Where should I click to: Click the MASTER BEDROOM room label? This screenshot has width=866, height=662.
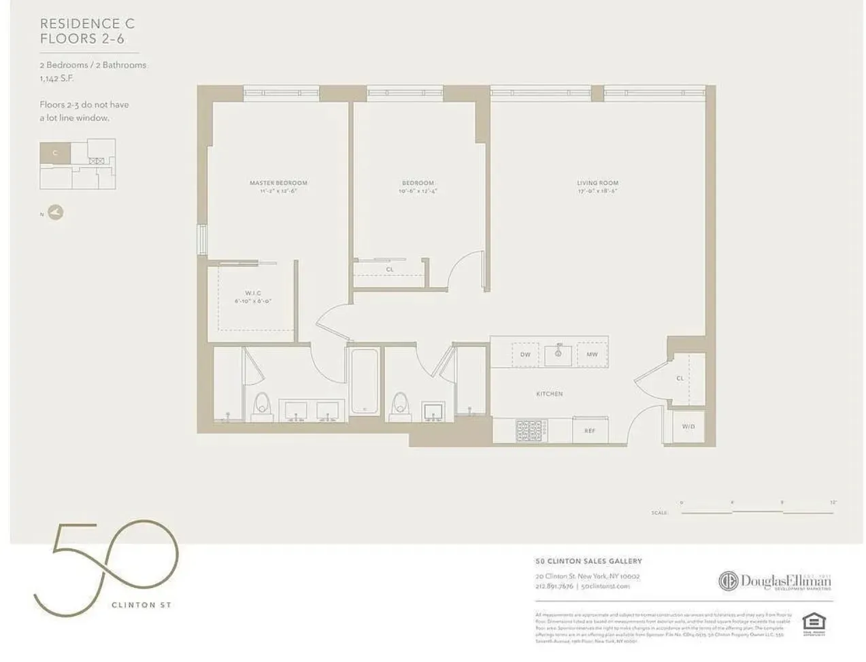(x=278, y=183)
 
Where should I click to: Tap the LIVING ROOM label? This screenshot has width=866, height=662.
(x=597, y=183)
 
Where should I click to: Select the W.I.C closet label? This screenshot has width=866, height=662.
(x=253, y=293)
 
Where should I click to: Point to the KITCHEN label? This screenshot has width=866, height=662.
(x=549, y=394)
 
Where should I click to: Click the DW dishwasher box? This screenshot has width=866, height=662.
(x=525, y=355)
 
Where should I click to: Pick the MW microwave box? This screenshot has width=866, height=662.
(x=592, y=355)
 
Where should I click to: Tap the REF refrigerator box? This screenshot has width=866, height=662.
(x=590, y=430)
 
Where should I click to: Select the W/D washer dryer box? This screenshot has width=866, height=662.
(x=688, y=427)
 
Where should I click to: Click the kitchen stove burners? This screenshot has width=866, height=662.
(x=530, y=430)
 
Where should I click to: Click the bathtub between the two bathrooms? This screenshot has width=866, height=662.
(x=364, y=381)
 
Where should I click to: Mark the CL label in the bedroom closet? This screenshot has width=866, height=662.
(x=390, y=270)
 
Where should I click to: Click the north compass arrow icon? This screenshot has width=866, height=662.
(x=55, y=213)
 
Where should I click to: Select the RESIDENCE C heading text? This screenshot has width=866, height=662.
(x=87, y=24)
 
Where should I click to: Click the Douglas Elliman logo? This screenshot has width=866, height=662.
(x=775, y=582)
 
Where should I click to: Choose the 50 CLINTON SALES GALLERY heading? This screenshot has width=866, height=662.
(x=588, y=561)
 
